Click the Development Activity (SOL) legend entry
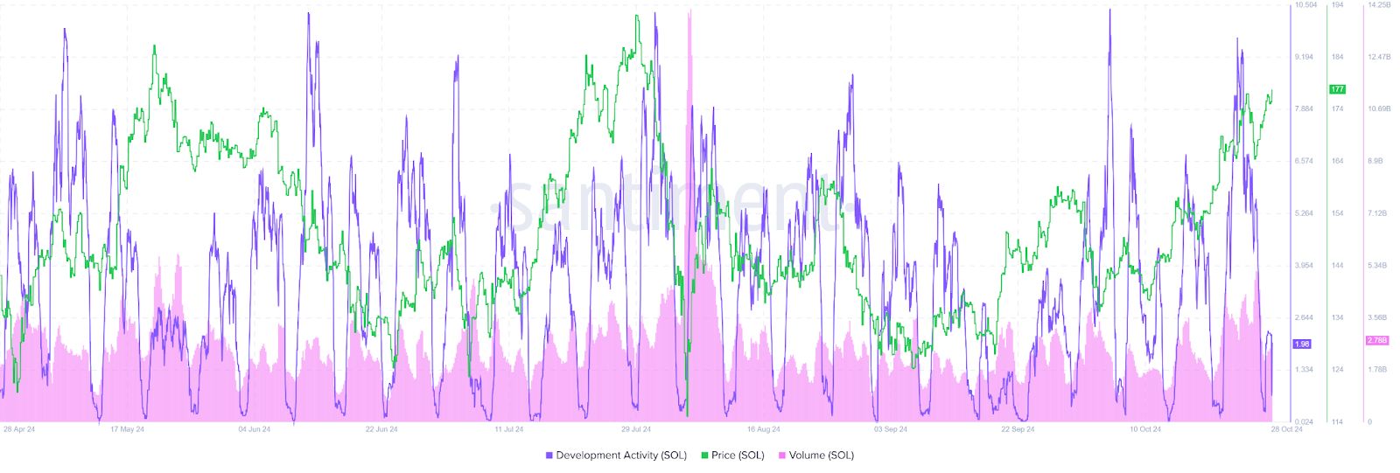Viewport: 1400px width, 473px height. pos(616,456)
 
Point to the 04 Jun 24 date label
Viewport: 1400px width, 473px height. pos(255,429)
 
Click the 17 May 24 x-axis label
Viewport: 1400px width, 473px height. pos(127,429)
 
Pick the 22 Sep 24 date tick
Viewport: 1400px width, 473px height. pos(1018,429)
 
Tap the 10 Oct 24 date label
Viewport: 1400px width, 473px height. pos(1144,429)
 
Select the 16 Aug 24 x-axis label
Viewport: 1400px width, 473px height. pos(763,429)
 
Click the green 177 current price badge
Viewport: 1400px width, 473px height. pos(1337,89)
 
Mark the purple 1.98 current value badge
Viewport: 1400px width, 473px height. pos(1302,344)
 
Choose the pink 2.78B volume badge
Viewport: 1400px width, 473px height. pos(1376,340)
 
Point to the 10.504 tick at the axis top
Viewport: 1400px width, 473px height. pos(1305,5)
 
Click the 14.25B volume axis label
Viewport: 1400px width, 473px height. pos(1378,5)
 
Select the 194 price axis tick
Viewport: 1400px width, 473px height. pos(1337,5)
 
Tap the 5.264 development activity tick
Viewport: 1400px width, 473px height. pos(1303,213)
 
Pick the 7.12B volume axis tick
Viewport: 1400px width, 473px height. pos(1376,213)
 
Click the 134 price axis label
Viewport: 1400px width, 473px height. pos(1337,317)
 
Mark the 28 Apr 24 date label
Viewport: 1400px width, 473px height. pos(19,429)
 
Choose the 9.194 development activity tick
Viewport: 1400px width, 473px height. pos(1303,57)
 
